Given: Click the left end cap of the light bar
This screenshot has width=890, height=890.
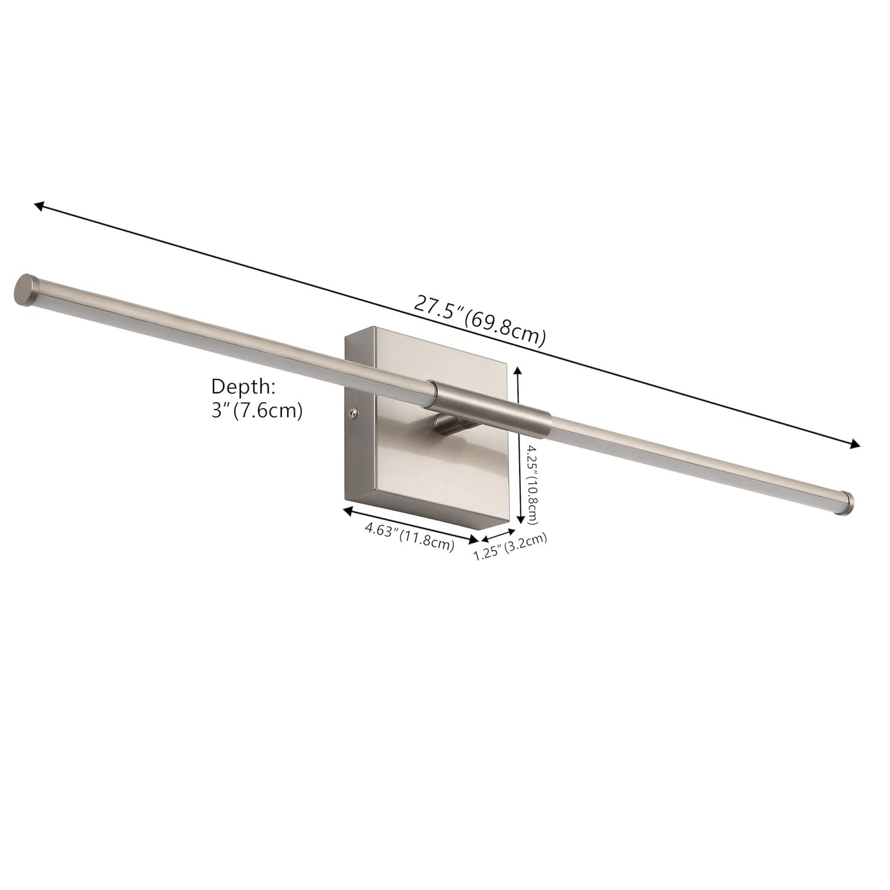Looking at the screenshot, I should click(24, 290).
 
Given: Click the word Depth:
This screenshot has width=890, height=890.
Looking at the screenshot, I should click(243, 387).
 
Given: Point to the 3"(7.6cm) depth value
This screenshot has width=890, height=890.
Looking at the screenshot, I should click(258, 411).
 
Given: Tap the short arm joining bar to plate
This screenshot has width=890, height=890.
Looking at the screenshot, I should click(450, 425).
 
